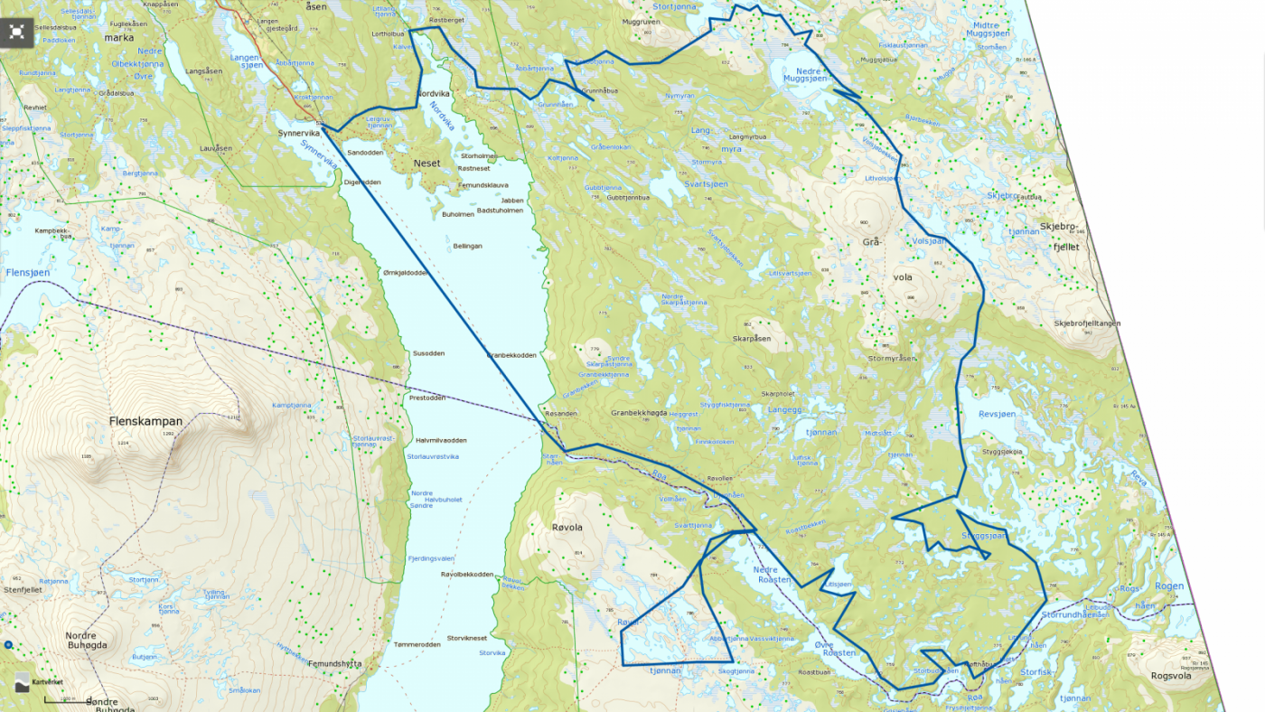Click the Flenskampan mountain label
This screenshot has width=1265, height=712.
pyautogui.click(x=145, y=421)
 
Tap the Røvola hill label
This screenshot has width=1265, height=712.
pyautogui.click(x=567, y=528)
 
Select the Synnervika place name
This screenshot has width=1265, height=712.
pyautogui.click(x=299, y=133)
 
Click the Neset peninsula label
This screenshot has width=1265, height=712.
pyautogui.click(x=426, y=164)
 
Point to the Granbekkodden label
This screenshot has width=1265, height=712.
pyautogui.click(x=511, y=355)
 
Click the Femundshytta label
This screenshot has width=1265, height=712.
pyautogui.click(x=334, y=664)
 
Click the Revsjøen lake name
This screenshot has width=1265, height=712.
pyautogui.click(x=998, y=414)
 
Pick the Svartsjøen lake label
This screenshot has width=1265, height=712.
pyautogui.click(x=706, y=183)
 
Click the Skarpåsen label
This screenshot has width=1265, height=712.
pyautogui.click(x=752, y=339)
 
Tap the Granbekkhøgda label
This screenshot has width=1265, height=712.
pyautogui.click(x=639, y=413)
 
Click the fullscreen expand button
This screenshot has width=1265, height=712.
pyautogui.click(x=16, y=32)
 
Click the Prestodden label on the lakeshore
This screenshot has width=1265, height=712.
pyautogui.click(x=427, y=398)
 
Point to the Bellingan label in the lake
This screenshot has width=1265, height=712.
pyautogui.click(x=467, y=246)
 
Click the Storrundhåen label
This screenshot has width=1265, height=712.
pyautogui.click(x=1074, y=614)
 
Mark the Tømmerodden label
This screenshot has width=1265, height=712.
pyautogui.click(x=417, y=644)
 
